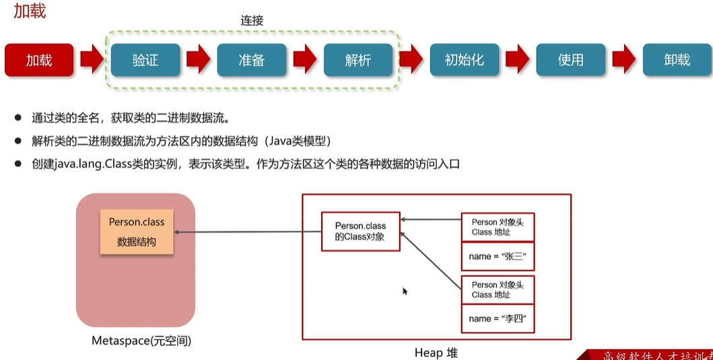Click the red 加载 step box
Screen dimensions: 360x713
(x=39, y=60)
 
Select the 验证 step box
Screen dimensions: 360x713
(x=145, y=60)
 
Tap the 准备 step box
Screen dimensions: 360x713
(x=252, y=60)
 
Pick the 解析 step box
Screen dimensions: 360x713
(x=358, y=60)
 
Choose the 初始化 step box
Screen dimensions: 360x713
(x=465, y=60)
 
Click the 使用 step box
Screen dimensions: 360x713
(x=571, y=60)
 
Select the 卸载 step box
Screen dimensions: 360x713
(x=677, y=60)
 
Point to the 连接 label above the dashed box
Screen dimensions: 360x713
(x=252, y=21)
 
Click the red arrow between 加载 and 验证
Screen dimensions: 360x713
(x=92, y=60)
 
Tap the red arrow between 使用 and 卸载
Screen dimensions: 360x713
(x=624, y=60)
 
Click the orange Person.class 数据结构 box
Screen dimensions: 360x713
(x=137, y=231)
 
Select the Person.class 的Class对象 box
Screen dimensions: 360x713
(x=360, y=231)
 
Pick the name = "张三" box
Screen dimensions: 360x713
(x=498, y=256)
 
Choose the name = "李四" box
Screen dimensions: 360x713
(x=498, y=318)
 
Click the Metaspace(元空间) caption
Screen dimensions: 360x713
(x=141, y=341)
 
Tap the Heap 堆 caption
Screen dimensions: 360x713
(x=436, y=353)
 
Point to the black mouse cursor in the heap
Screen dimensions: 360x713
(x=405, y=291)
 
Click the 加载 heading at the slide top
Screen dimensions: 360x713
(x=30, y=11)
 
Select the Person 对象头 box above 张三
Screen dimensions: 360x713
(x=498, y=227)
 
